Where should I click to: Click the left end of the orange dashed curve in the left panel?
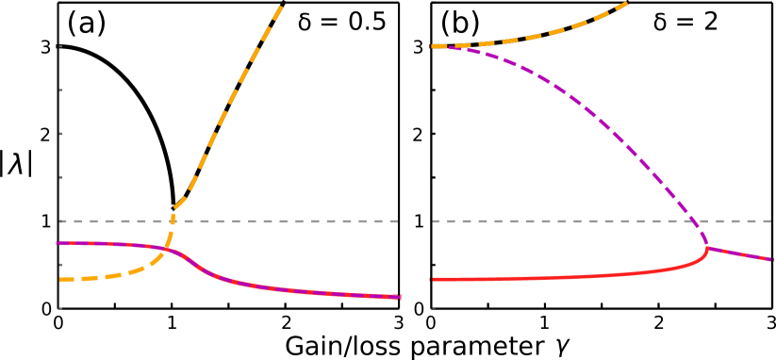[x=59, y=279]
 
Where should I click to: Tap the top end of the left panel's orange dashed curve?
[x=281, y=4]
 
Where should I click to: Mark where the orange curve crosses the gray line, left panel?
[x=172, y=221]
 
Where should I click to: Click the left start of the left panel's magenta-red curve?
[x=58, y=242]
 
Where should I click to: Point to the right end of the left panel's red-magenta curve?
[x=400, y=298]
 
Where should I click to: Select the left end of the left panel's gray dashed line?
[x=59, y=221]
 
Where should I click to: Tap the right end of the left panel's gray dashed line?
[x=401, y=221]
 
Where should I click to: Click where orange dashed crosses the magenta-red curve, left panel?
[x=166, y=249]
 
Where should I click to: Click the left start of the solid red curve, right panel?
[x=432, y=279]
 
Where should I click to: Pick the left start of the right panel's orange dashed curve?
[x=432, y=46]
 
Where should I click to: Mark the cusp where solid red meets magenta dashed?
[x=707, y=248]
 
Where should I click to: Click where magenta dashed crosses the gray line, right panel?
[x=696, y=221]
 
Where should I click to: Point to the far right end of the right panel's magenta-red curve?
[x=772, y=259]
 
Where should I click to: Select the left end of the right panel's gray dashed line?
[x=433, y=221]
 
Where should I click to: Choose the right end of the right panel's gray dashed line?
[x=772, y=221]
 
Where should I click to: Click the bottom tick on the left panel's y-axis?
[x=58, y=308]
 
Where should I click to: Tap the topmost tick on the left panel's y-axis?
[x=58, y=3]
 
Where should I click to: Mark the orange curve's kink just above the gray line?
[x=175, y=205]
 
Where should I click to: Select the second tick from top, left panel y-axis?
[x=58, y=46]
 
